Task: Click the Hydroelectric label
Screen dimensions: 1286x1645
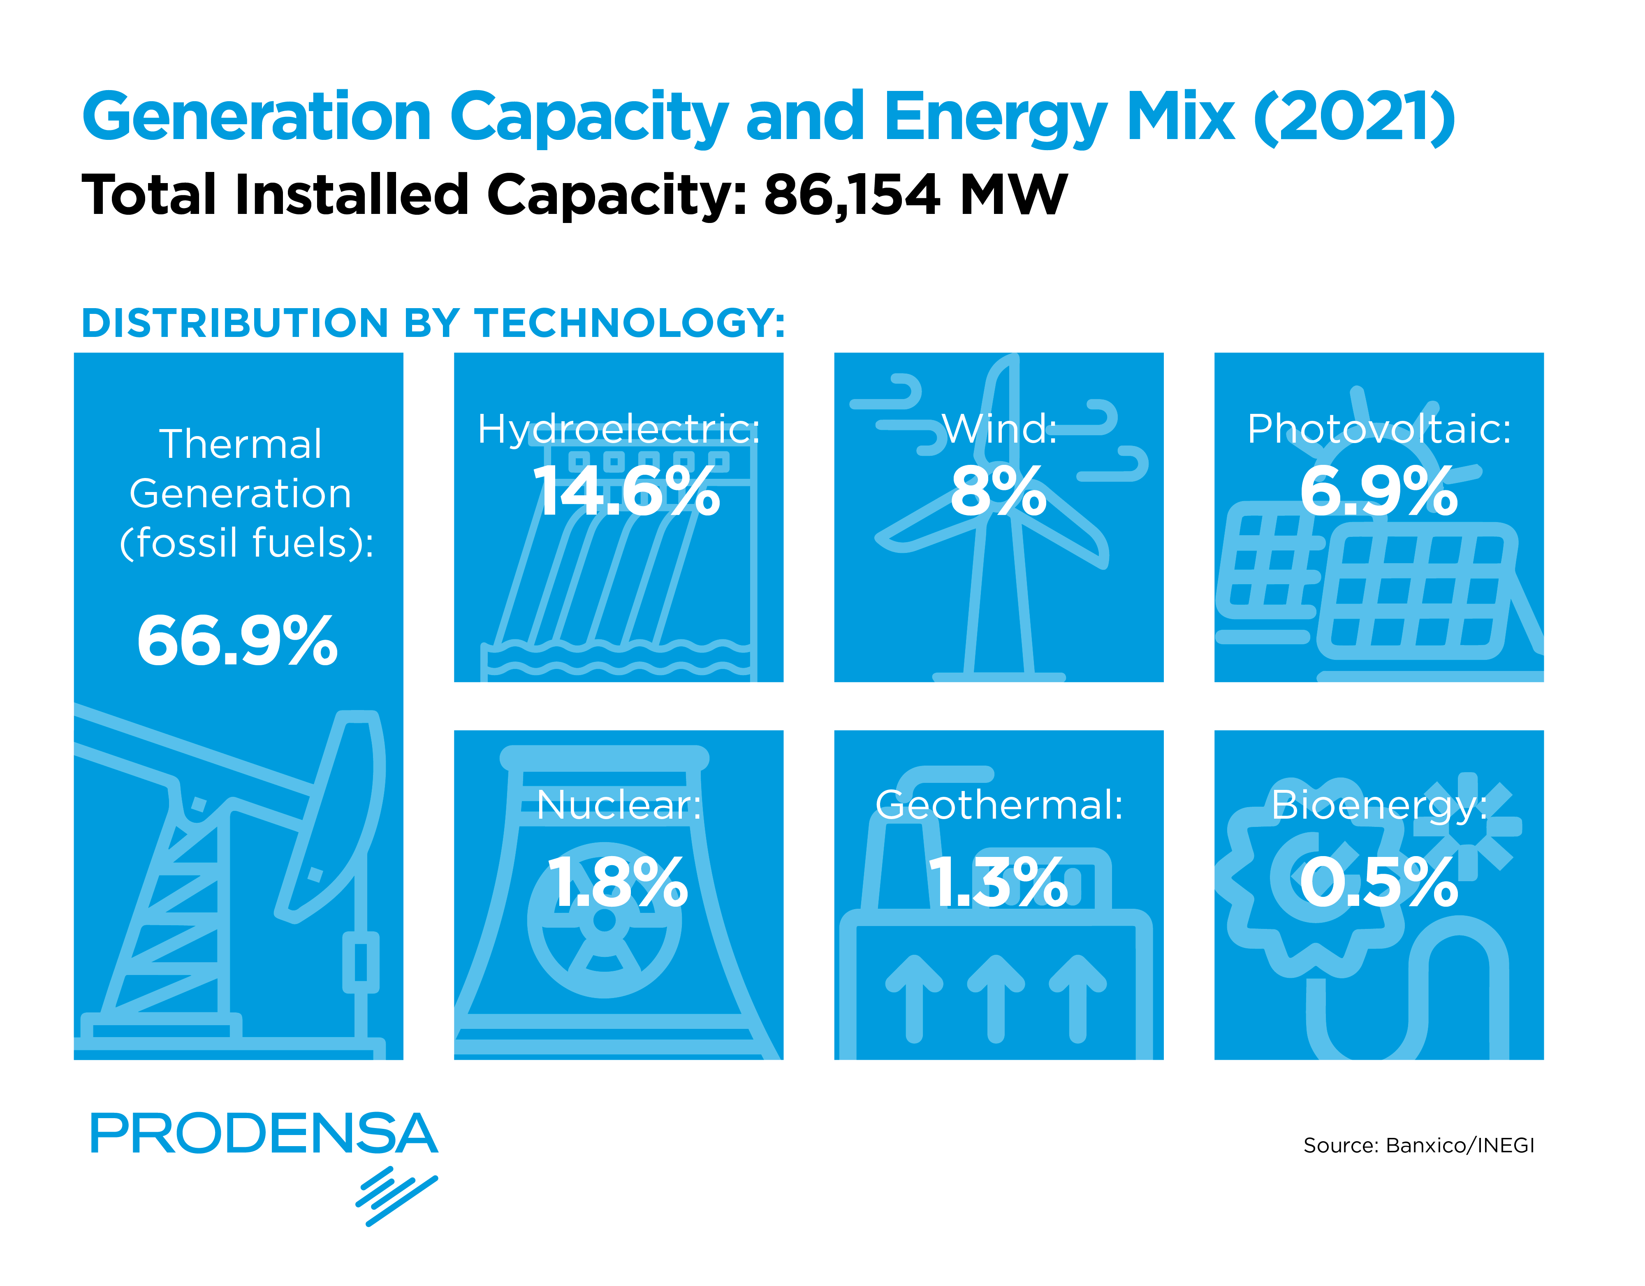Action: [619, 429]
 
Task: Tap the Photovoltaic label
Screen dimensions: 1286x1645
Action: [1379, 429]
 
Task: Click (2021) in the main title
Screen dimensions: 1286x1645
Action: [1353, 118]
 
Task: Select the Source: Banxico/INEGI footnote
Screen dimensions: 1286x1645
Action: [1418, 1145]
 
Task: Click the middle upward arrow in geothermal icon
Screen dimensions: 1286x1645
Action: [996, 998]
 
